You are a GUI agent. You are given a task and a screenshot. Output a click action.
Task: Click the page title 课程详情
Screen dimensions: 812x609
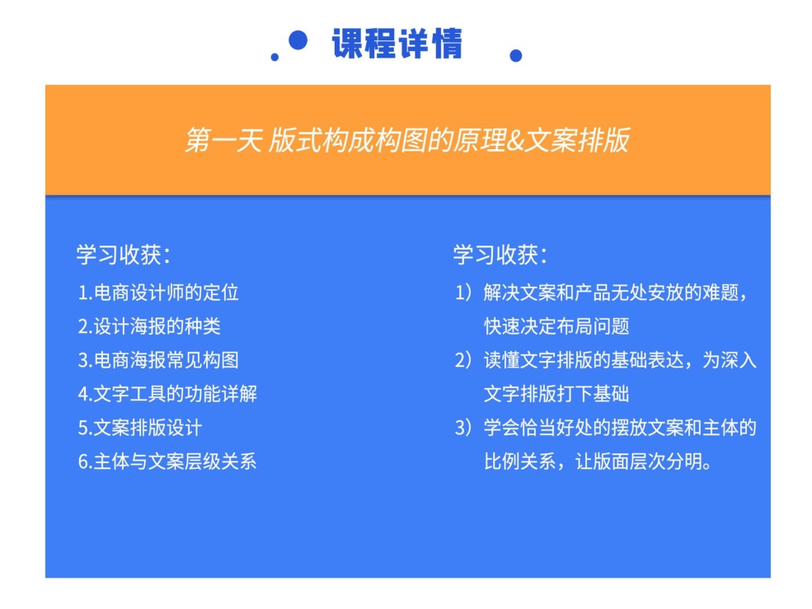pyautogui.click(x=397, y=44)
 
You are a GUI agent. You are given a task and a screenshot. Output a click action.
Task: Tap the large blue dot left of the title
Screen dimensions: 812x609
pyautogui.click(x=298, y=40)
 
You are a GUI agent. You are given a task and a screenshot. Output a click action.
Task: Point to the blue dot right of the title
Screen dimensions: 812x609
pyautogui.click(x=516, y=55)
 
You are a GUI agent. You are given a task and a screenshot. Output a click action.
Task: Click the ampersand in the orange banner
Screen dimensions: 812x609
pyautogui.click(x=514, y=140)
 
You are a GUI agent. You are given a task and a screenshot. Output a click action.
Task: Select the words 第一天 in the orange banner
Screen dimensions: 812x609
pyautogui.click(x=223, y=140)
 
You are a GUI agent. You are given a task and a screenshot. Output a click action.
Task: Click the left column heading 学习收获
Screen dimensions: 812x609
pyautogui.click(x=124, y=255)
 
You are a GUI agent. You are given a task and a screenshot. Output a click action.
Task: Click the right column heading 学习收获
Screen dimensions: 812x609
pyautogui.click(x=500, y=255)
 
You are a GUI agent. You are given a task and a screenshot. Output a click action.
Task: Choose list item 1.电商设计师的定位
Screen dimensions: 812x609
pyautogui.click(x=158, y=293)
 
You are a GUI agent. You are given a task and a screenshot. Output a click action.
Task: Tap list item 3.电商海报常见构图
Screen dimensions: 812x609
pyautogui.click(x=158, y=360)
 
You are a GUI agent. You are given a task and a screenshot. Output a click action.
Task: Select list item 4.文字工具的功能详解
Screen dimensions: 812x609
pyautogui.click(x=167, y=394)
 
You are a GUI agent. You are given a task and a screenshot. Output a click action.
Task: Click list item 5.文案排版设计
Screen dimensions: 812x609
pyautogui.click(x=140, y=428)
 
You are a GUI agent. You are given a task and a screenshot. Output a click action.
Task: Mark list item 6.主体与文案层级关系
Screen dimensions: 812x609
pyautogui.click(x=167, y=461)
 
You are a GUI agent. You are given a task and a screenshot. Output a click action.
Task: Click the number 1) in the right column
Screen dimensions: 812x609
pyautogui.click(x=463, y=293)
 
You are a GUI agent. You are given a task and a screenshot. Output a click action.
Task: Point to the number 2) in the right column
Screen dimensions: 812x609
pyautogui.click(x=463, y=360)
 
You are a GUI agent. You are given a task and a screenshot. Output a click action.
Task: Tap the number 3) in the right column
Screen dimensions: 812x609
pyautogui.click(x=463, y=428)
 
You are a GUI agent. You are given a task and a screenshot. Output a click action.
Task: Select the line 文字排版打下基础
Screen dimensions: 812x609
pyautogui.click(x=556, y=394)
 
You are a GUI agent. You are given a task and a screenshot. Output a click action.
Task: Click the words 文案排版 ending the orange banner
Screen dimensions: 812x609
pyautogui.click(x=577, y=140)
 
